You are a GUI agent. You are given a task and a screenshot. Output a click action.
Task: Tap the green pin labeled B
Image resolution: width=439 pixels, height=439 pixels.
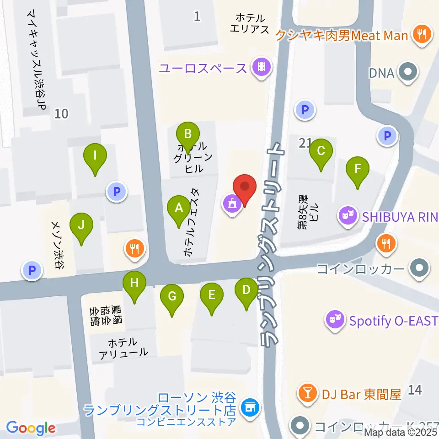[187, 135]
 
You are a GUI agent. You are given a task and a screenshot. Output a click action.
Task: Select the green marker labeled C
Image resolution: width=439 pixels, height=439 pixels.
[321, 151]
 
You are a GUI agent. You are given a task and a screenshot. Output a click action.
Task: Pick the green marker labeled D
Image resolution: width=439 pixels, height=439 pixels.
[246, 291]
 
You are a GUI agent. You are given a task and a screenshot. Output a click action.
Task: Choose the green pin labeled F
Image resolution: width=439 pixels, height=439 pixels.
[358, 170]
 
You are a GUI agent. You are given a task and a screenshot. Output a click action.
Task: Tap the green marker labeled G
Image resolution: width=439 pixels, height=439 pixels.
[172, 297]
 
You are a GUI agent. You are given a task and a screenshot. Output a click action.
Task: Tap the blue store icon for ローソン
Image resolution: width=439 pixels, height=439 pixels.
[250, 406]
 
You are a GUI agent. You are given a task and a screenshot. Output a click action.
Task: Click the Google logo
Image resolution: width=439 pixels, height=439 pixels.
[31, 428]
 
